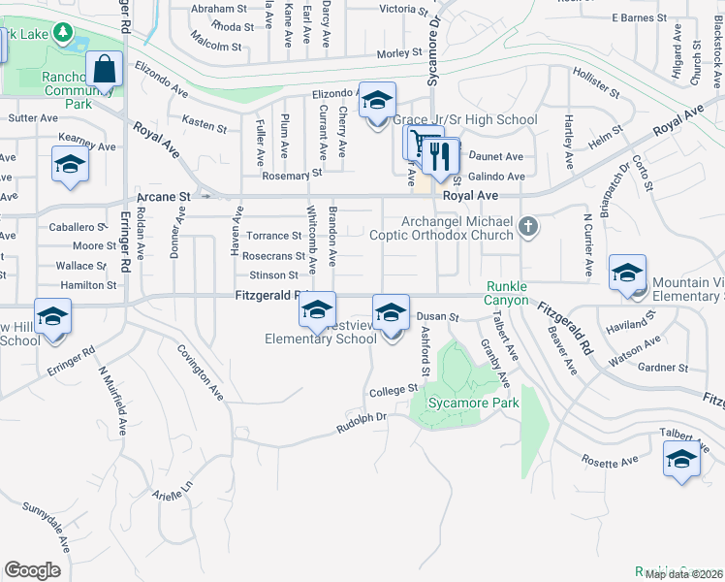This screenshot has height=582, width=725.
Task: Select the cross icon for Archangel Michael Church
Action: tap(527, 227)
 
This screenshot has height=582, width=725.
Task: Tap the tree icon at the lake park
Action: tap(64, 35)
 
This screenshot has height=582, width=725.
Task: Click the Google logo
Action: tap(32, 570)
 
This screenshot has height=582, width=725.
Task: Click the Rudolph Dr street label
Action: tap(362, 420)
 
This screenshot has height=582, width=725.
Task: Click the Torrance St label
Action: tap(273, 236)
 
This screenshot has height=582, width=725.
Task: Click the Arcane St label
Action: tap(163, 197)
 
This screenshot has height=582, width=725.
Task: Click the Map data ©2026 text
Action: tap(682, 574)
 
